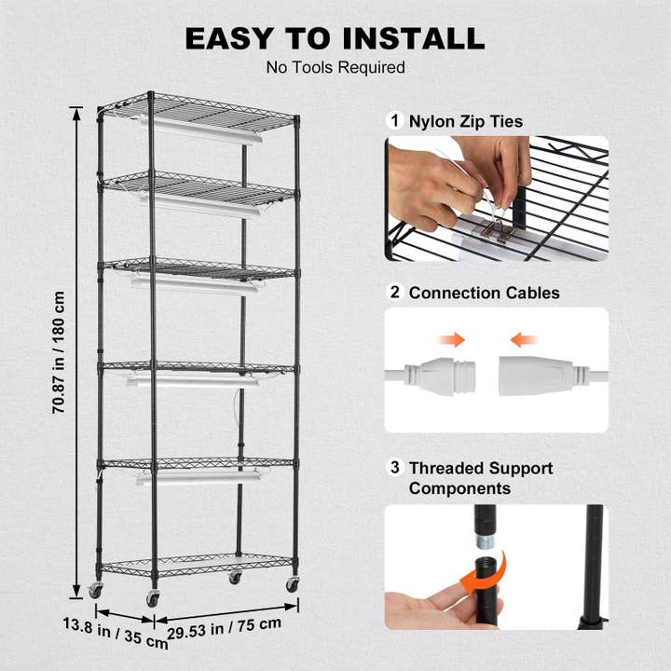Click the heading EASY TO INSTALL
pos(335,38)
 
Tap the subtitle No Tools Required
pos(335,67)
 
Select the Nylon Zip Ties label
pos(465,121)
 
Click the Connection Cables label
pos(484,293)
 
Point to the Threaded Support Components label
pos(480,478)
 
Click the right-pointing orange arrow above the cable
pos(454,340)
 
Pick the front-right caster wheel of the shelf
pos(293,583)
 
